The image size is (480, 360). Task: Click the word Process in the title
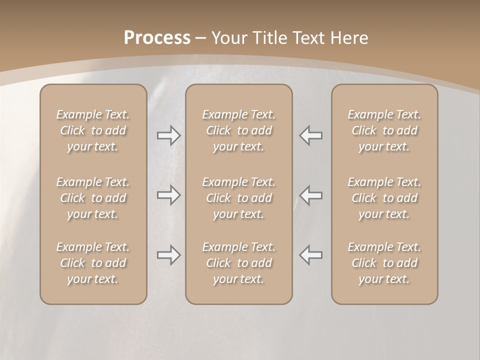(x=157, y=38)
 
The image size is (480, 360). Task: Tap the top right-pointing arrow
(x=168, y=135)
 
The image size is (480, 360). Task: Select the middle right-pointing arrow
(x=168, y=195)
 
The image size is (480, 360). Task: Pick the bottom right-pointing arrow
(x=168, y=255)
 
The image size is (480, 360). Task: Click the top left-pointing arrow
(x=310, y=135)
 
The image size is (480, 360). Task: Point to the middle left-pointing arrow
(x=310, y=195)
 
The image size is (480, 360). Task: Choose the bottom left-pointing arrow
(x=310, y=255)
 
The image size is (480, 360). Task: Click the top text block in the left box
(x=93, y=130)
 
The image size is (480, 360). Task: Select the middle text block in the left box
(x=93, y=198)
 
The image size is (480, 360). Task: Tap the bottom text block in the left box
(x=93, y=263)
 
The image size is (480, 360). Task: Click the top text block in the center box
(x=238, y=130)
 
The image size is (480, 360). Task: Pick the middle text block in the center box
(x=238, y=198)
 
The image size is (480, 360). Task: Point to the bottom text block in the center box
(x=238, y=263)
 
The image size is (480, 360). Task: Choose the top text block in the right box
(x=384, y=130)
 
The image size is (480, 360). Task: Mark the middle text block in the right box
(x=384, y=198)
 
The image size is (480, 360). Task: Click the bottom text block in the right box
(x=384, y=263)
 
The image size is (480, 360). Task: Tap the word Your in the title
(x=228, y=38)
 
